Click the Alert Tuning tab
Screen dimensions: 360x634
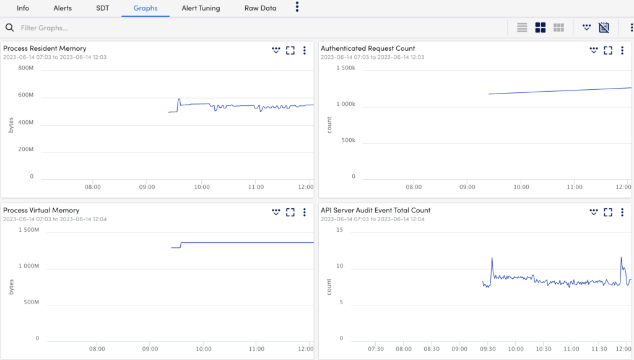click(x=201, y=8)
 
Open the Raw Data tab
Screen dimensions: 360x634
click(x=261, y=8)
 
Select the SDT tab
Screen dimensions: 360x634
click(x=103, y=8)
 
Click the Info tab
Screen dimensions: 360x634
click(x=23, y=8)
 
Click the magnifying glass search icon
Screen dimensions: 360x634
click(x=9, y=28)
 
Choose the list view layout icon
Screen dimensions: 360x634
click(x=522, y=28)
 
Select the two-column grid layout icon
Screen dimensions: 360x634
click(x=540, y=28)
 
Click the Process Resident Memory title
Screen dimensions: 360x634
click(x=45, y=48)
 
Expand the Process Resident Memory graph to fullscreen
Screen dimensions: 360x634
click(x=290, y=51)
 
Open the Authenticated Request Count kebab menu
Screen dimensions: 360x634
click(x=622, y=51)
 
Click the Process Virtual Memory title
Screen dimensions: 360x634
click(x=41, y=211)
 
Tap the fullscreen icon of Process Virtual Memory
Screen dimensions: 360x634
click(x=290, y=213)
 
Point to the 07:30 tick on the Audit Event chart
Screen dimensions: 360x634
click(x=376, y=349)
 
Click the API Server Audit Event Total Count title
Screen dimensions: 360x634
click(x=375, y=211)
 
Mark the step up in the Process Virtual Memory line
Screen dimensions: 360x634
click(x=180, y=245)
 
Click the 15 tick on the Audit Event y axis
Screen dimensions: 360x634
click(x=339, y=230)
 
